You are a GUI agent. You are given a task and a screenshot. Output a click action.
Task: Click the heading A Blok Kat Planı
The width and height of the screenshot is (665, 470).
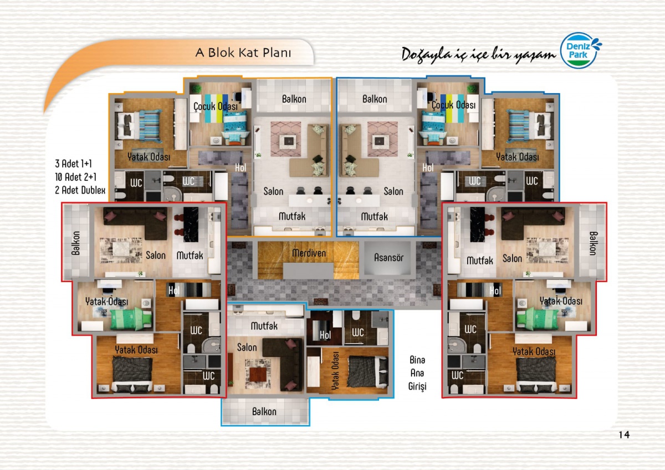pyautogui.click(x=243, y=53)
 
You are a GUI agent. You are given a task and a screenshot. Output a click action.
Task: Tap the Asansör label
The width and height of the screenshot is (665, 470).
pyautogui.click(x=388, y=257)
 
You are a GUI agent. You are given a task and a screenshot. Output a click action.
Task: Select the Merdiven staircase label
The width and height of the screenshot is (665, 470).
pyautogui.click(x=309, y=253)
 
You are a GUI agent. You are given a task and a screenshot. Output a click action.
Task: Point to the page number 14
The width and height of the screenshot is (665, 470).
pyautogui.click(x=624, y=435)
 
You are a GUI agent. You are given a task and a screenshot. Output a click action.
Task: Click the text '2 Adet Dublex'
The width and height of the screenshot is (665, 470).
pyautogui.click(x=80, y=190)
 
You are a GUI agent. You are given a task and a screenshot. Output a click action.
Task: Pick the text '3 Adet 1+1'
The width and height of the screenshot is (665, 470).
pyautogui.click(x=73, y=164)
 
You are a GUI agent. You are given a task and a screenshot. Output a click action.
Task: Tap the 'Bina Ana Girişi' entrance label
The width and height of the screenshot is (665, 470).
pyautogui.click(x=417, y=373)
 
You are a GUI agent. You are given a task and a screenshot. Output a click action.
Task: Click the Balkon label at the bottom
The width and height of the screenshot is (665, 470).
pyautogui.click(x=264, y=411)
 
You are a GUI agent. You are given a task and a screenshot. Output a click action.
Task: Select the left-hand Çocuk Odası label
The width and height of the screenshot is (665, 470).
pyautogui.click(x=216, y=106)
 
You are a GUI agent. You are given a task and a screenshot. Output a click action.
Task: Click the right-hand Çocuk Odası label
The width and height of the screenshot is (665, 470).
pyautogui.click(x=453, y=105)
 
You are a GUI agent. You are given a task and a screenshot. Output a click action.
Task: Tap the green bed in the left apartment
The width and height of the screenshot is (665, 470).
pyautogui.click(x=131, y=319)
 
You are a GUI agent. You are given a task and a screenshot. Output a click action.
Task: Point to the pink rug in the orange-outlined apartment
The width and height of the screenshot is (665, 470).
pyautogui.click(x=285, y=139)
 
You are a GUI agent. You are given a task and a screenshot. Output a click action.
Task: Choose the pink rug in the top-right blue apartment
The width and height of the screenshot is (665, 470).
pyautogui.click(x=383, y=139)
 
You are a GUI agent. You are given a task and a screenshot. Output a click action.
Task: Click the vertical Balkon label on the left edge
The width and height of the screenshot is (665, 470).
pyautogui.click(x=76, y=243)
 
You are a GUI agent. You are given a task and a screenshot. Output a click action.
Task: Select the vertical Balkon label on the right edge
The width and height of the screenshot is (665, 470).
pyautogui.click(x=593, y=243)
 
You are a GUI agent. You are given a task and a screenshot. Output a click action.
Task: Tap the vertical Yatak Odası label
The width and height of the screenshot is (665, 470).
pyautogui.click(x=335, y=371)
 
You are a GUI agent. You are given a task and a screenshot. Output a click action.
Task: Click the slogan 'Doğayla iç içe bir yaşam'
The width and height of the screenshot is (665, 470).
pyautogui.click(x=478, y=55)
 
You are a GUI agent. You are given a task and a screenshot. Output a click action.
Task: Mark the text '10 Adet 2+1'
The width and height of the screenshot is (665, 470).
pyautogui.click(x=76, y=177)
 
